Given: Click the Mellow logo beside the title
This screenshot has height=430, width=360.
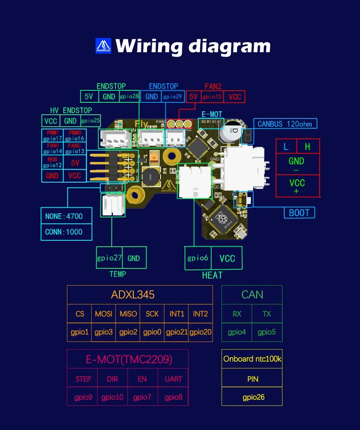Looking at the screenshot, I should click(104, 46).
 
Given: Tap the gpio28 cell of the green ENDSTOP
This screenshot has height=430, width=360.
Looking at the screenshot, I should click(129, 96).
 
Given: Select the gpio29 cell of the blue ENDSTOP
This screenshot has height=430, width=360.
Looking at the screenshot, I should click(173, 96).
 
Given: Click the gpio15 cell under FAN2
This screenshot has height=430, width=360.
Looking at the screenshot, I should click(212, 97).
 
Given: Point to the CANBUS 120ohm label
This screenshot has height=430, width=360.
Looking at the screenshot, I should click(285, 124).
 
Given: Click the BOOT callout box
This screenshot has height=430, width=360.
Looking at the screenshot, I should click(299, 213).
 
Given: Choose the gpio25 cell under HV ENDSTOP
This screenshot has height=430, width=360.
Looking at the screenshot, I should click(91, 121).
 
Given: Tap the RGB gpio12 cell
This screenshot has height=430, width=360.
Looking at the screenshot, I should click(52, 162).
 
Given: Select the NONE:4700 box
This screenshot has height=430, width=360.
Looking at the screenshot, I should click(64, 216).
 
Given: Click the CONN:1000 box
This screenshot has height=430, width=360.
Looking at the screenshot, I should click(64, 232).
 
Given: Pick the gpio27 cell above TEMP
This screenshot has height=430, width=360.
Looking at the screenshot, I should click(109, 258).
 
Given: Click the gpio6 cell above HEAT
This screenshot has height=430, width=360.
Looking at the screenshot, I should click(198, 258).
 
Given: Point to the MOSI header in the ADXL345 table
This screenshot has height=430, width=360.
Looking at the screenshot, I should click(103, 314).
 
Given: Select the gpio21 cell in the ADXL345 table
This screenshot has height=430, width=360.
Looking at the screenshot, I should click(176, 332).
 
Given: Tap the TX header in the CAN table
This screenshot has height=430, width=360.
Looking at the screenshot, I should click(267, 314).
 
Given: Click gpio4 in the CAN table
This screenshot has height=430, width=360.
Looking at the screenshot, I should click(237, 332).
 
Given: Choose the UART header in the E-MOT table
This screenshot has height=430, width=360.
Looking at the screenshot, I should click(173, 379).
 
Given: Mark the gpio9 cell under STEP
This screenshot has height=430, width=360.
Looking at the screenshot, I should click(83, 397).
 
